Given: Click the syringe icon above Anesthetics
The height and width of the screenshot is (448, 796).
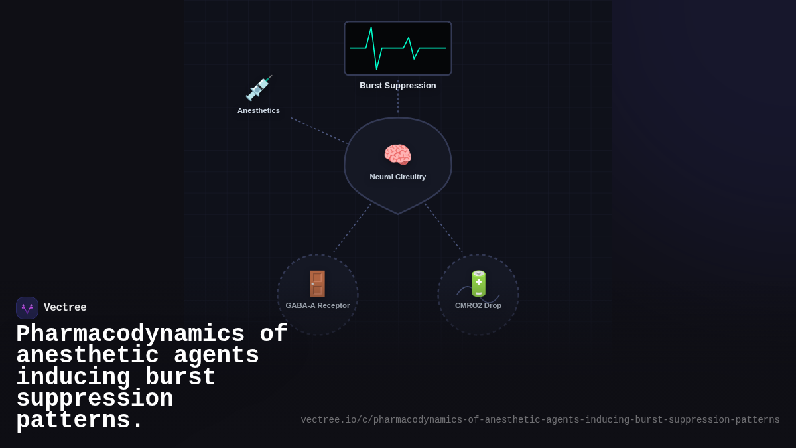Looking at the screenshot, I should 259,88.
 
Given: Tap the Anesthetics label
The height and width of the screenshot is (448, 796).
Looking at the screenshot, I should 259,110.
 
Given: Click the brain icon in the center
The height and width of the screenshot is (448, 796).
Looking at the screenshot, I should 398,155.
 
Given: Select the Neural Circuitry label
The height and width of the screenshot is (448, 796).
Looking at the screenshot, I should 398,177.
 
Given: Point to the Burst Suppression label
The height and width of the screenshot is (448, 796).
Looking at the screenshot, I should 398,86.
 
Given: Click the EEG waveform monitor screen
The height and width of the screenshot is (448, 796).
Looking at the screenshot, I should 398,48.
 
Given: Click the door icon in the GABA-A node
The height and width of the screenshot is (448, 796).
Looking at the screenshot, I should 318,284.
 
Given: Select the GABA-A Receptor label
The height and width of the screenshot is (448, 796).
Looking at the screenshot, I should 318,305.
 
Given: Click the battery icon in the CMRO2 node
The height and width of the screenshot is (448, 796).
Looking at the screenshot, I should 478,283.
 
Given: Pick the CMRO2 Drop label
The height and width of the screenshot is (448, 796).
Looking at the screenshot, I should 478,305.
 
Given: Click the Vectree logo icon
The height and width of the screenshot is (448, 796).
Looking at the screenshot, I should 27,308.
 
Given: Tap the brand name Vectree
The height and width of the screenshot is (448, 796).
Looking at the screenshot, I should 65,308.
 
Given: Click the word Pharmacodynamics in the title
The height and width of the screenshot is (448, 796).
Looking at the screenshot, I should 130,334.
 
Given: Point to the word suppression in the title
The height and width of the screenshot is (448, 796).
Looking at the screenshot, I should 94,399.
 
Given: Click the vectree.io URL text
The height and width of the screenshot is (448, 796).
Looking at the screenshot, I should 540,420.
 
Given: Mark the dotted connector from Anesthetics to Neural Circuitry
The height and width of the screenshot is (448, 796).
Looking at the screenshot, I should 318,131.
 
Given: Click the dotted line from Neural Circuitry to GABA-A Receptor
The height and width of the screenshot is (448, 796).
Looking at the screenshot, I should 352,229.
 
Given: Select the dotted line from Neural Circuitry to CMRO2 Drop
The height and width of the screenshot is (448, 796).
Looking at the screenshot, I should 444,228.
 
